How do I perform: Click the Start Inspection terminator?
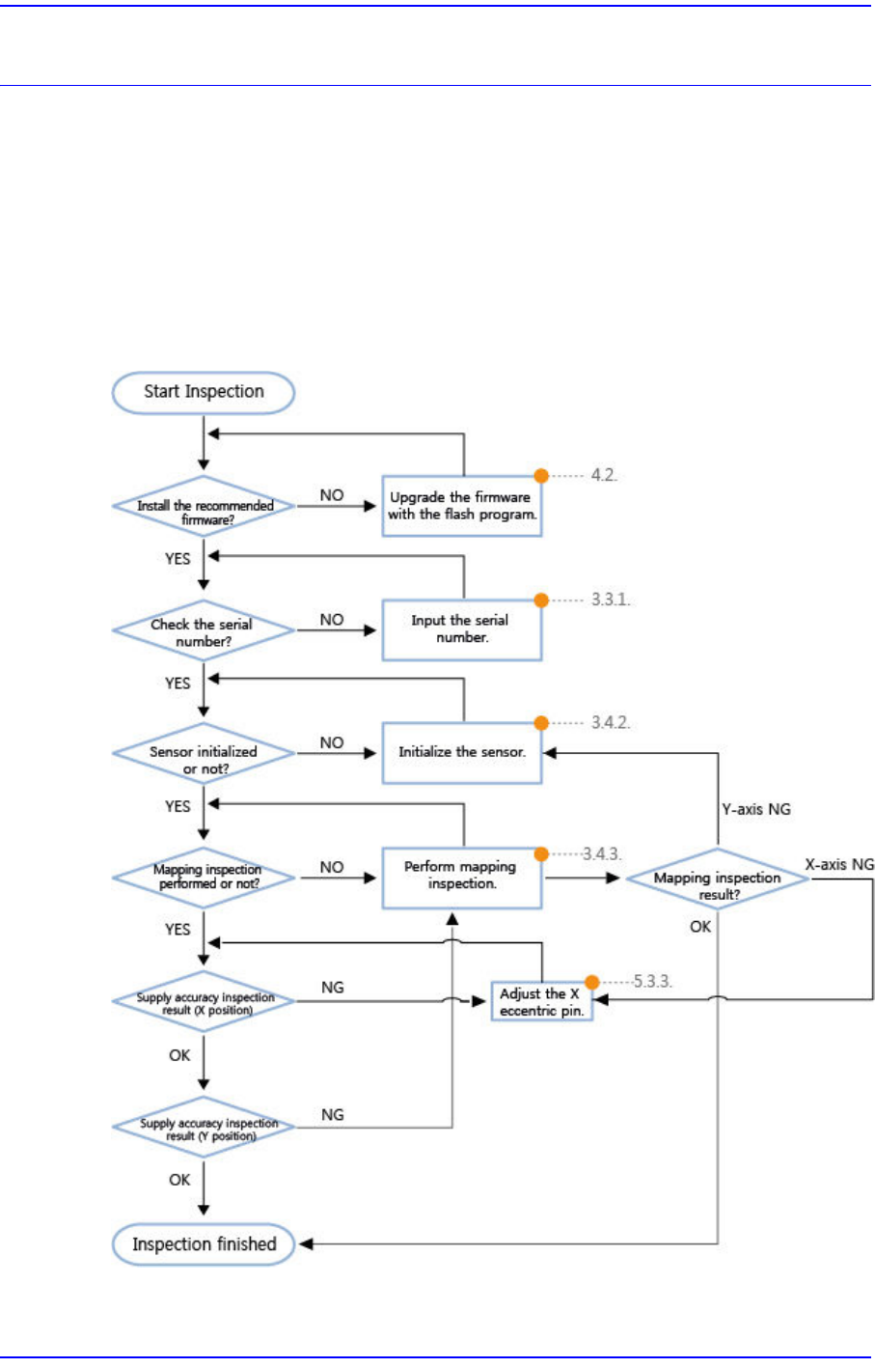204,392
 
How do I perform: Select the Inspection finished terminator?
204,1244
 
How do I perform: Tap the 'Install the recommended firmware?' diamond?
204,506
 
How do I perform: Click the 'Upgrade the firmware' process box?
461,506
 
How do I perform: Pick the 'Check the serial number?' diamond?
204,631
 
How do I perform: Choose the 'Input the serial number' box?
461,629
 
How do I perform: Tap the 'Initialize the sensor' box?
461,752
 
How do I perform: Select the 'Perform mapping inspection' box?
461,877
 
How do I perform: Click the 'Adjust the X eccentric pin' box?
541,1002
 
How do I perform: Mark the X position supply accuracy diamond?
204,1002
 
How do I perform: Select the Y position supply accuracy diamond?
204,1128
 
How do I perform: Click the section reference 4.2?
604,476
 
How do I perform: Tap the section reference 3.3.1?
610,600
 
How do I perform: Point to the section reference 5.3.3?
653,982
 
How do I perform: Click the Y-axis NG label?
756,809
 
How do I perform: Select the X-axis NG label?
839,865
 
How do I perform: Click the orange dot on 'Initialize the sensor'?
541,723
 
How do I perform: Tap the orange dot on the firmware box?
541,476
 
